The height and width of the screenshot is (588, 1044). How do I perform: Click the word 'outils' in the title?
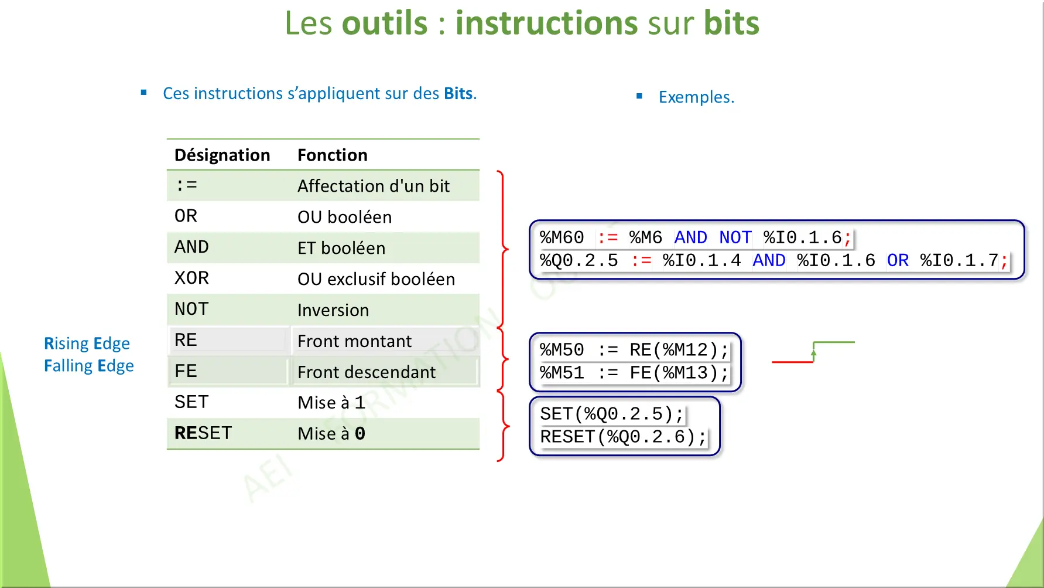(x=385, y=23)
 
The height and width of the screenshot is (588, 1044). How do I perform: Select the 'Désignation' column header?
(x=222, y=155)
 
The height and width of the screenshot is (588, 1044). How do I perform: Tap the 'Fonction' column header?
(x=332, y=155)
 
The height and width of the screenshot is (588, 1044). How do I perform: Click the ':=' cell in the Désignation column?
(x=186, y=186)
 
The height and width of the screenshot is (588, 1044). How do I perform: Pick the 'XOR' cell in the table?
(x=191, y=278)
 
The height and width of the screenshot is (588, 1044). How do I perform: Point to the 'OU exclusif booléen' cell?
(x=376, y=279)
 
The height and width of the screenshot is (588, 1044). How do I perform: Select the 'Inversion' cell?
(x=333, y=310)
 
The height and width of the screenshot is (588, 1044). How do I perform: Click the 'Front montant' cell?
(x=354, y=341)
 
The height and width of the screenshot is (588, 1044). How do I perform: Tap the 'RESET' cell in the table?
(x=203, y=433)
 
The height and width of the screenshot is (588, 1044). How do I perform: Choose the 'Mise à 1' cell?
(x=331, y=403)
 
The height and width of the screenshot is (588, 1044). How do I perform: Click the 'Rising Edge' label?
(x=87, y=344)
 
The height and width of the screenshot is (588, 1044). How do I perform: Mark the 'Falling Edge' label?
(x=88, y=366)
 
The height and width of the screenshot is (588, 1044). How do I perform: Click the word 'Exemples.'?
(x=696, y=97)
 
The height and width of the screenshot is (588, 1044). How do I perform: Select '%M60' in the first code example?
(x=562, y=237)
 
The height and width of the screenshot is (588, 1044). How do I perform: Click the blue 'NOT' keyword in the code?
(x=735, y=237)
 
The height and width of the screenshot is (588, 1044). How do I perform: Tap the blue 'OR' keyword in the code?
(x=897, y=260)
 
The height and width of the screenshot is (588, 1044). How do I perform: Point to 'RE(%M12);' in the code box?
(x=679, y=350)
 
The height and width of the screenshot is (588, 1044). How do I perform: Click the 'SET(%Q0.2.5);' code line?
(x=611, y=414)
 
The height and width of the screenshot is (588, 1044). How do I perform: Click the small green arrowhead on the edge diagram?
(x=813, y=352)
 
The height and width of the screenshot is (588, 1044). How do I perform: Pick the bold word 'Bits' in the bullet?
(x=458, y=94)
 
